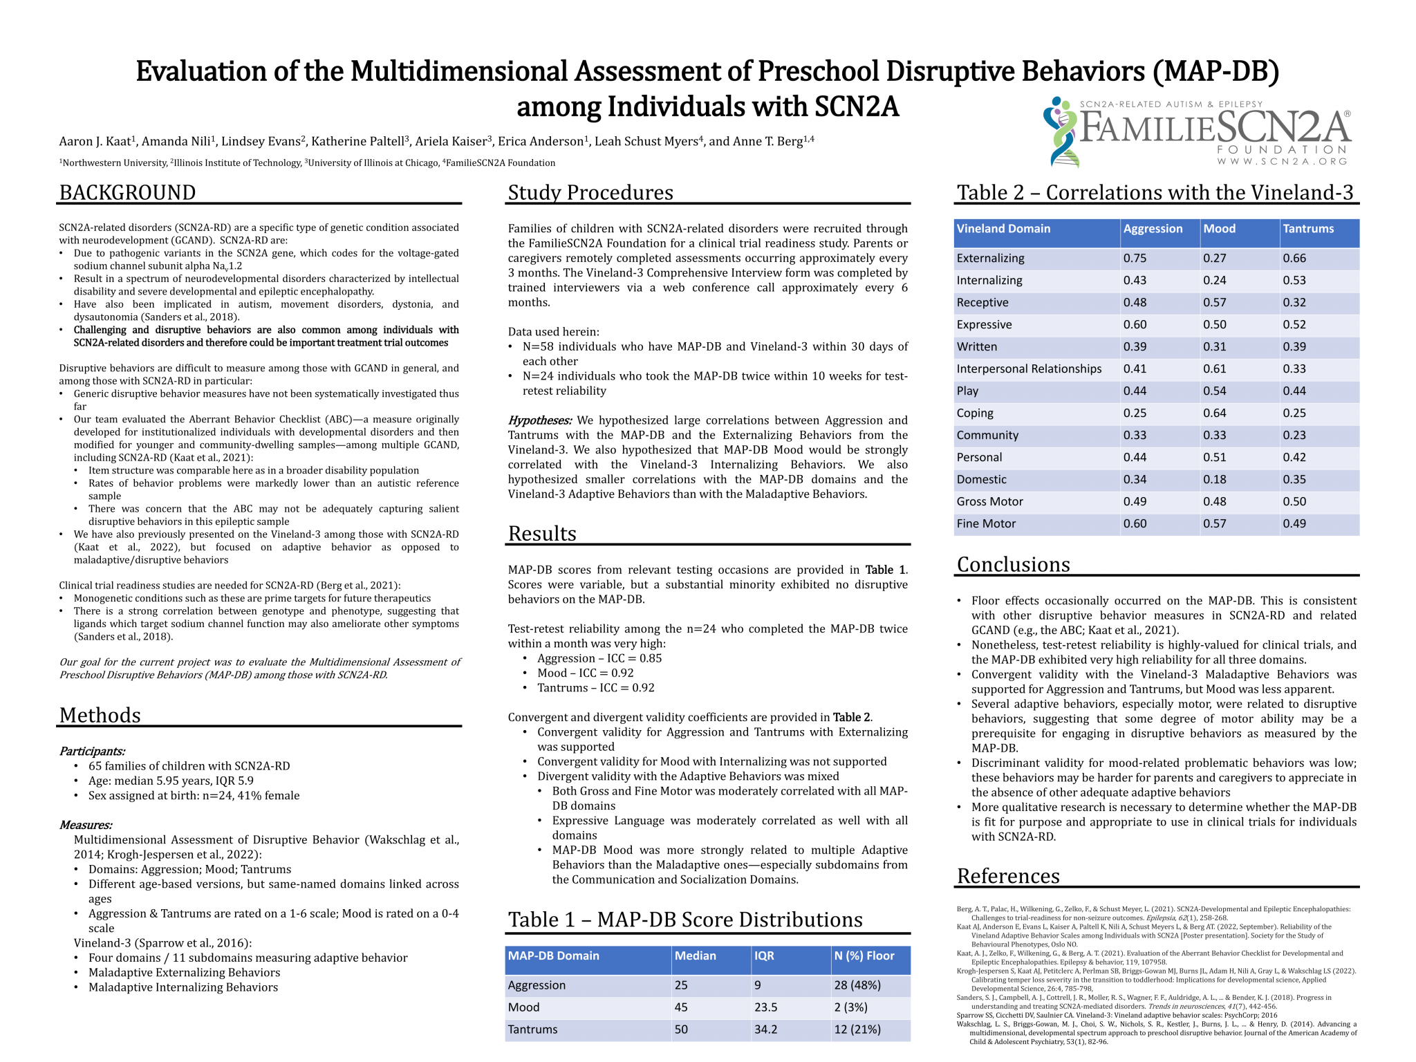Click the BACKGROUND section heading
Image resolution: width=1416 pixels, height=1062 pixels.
pos(127,192)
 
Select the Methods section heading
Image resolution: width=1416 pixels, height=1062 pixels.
pos(100,715)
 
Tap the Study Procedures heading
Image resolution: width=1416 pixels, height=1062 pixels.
pos(590,192)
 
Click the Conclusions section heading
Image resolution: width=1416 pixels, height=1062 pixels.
pos(1013,564)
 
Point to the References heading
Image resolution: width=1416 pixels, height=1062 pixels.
pos(1008,875)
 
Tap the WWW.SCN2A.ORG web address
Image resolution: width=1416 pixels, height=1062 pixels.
pos(1282,162)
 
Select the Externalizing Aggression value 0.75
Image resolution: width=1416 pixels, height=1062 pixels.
pos(1135,258)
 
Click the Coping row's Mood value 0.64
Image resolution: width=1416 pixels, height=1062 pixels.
pos(1214,413)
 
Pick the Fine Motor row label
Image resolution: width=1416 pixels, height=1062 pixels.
pos(986,523)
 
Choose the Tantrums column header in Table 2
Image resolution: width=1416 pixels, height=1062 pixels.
pos(1308,229)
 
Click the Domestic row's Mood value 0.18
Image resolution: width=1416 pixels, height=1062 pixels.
pos(1214,479)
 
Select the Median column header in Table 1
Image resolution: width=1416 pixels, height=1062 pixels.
pos(695,956)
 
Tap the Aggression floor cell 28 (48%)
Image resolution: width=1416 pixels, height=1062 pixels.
pos(857,985)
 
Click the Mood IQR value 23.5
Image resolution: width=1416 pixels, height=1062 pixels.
pos(765,1007)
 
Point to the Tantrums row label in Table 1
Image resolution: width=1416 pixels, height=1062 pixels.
pos(532,1029)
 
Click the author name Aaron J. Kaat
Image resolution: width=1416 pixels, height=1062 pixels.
pos(97,141)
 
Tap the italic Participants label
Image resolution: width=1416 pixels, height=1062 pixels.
pos(92,751)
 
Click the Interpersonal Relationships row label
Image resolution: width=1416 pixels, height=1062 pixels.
pos(1029,369)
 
